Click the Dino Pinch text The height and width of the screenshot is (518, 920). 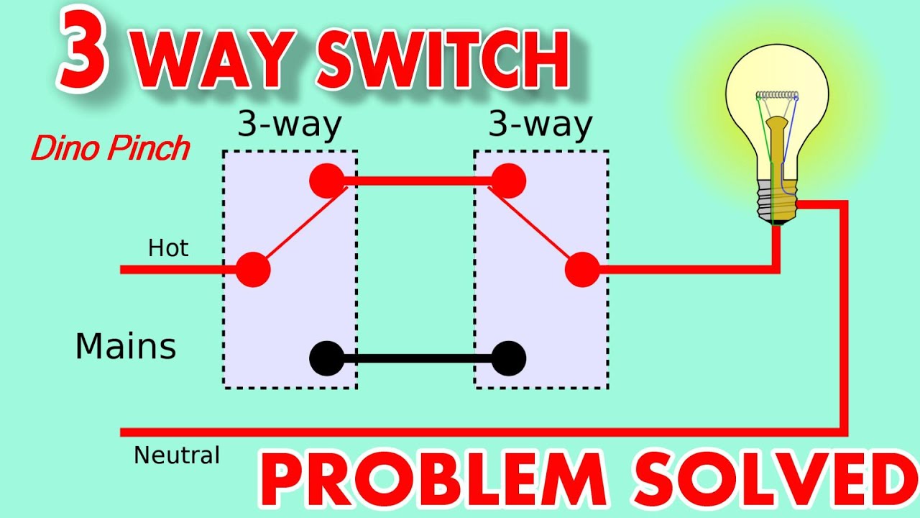point(110,149)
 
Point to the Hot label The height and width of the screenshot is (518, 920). point(168,248)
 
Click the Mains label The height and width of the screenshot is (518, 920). point(126,347)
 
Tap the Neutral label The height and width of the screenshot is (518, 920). point(177,455)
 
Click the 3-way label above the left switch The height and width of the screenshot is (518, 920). point(290,125)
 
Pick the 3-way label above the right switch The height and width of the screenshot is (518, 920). point(540,125)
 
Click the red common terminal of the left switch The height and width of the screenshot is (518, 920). point(253,270)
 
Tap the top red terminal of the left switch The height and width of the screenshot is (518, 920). point(327,181)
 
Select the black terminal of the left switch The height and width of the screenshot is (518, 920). point(327,358)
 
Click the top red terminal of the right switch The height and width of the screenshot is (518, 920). point(508,181)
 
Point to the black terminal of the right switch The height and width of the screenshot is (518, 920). point(508,358)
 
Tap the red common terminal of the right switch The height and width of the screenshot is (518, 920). point(582,270)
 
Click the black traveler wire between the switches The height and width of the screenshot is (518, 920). point(418,358)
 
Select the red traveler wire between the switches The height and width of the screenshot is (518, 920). point(418,181)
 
